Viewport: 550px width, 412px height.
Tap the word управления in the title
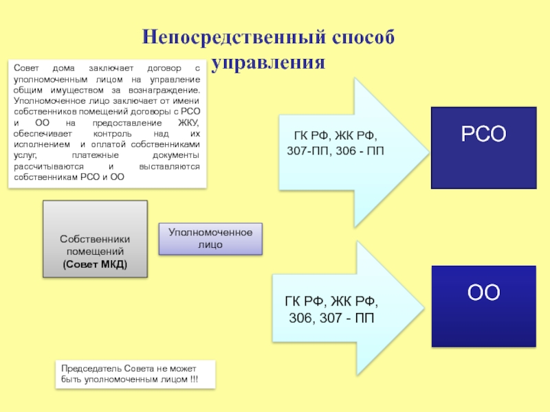click(268, 63)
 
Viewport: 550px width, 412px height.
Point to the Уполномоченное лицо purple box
click(210, 238)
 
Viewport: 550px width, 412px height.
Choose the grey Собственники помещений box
click(95, 239)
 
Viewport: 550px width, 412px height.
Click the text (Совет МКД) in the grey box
click(95, 264)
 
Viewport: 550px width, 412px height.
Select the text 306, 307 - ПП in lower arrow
click(331, 318)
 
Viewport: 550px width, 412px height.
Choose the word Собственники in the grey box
click(95, 239)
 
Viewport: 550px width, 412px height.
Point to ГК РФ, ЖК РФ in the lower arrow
click(331, 301)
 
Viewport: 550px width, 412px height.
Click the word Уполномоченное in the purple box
click(210, 233)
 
